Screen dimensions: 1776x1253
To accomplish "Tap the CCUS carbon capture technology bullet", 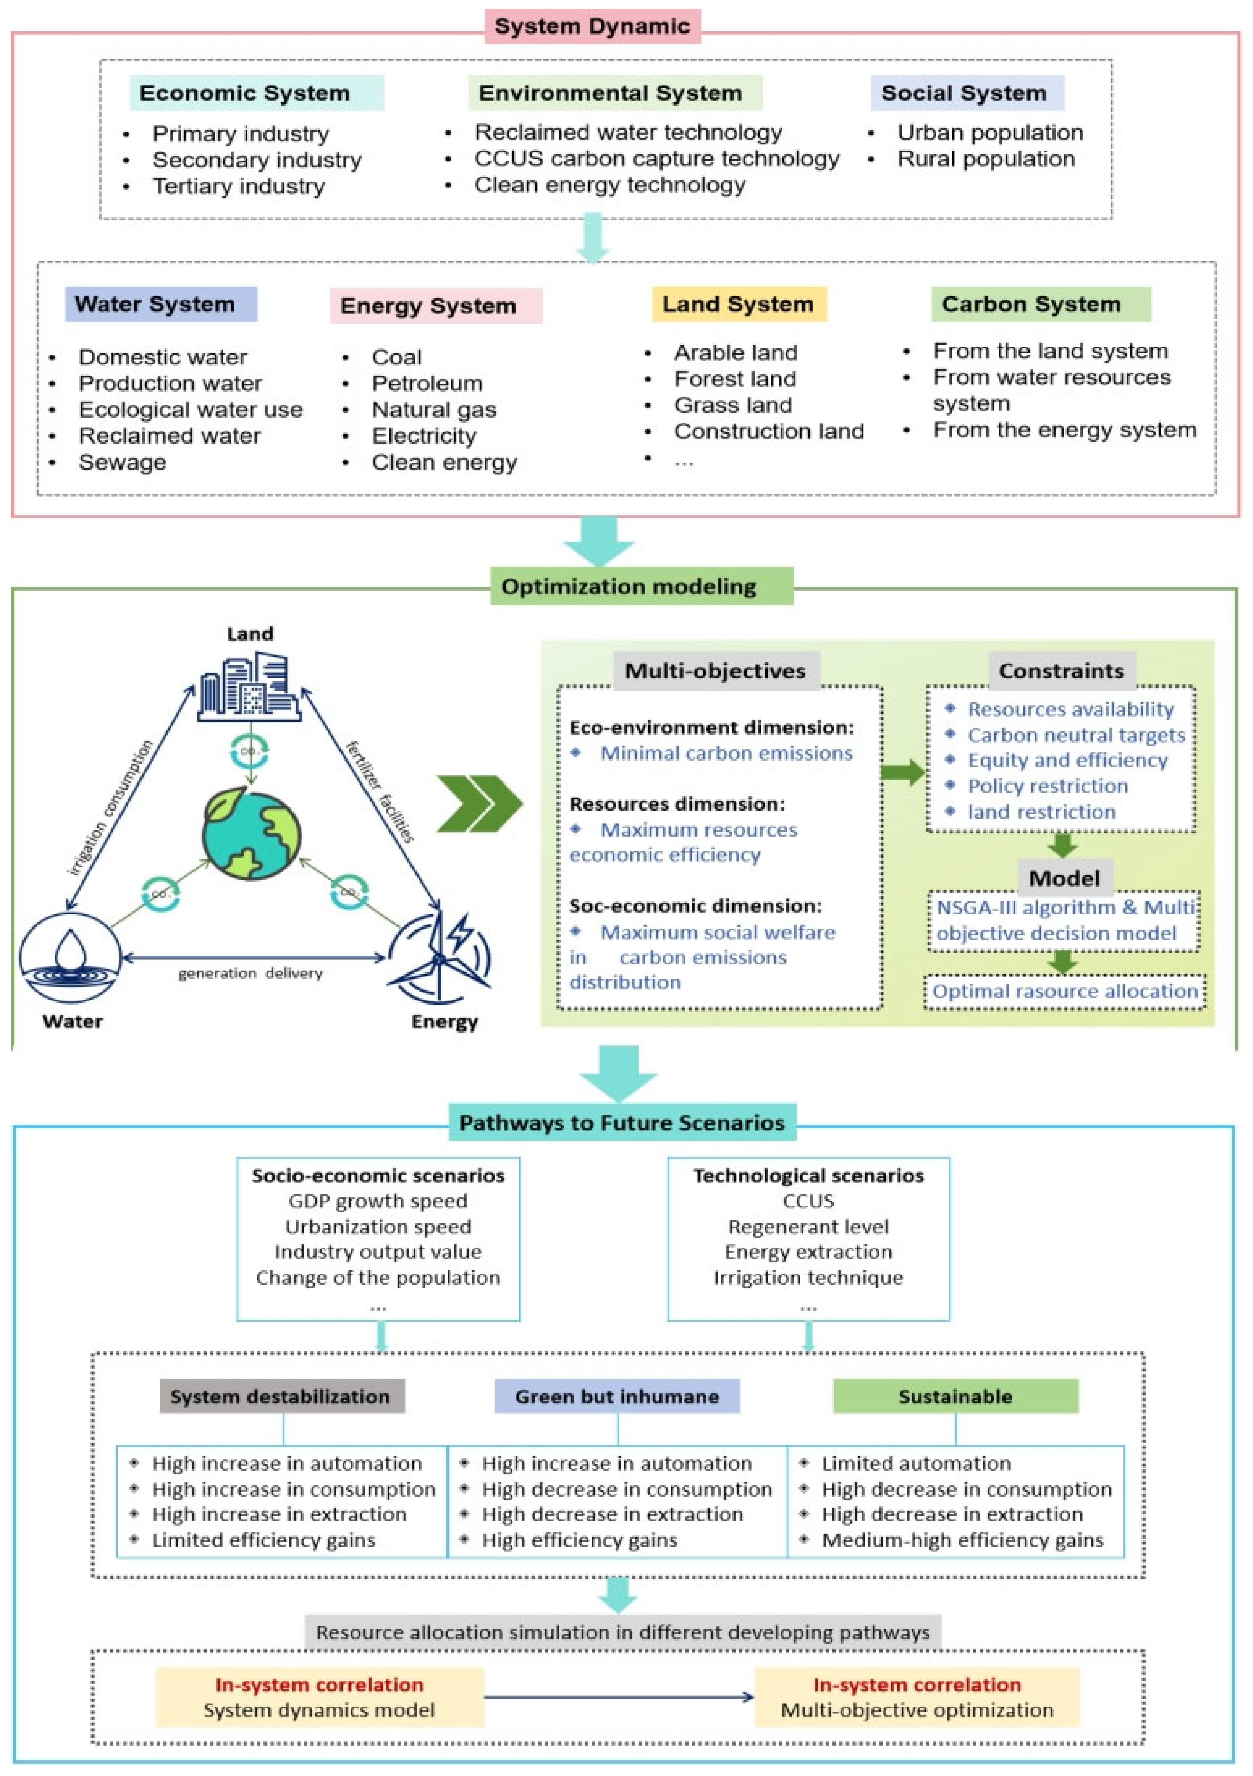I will (x=656, y=159).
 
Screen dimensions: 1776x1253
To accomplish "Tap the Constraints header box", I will (x=1061, y=671).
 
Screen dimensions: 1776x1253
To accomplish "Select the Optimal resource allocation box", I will (x=1064, y=992).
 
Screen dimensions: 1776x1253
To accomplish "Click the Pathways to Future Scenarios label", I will (x=622, y=1123).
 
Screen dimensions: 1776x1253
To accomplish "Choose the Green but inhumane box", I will (x=616, y=1396).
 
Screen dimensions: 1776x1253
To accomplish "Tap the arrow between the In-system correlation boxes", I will (x=619, y=1697).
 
